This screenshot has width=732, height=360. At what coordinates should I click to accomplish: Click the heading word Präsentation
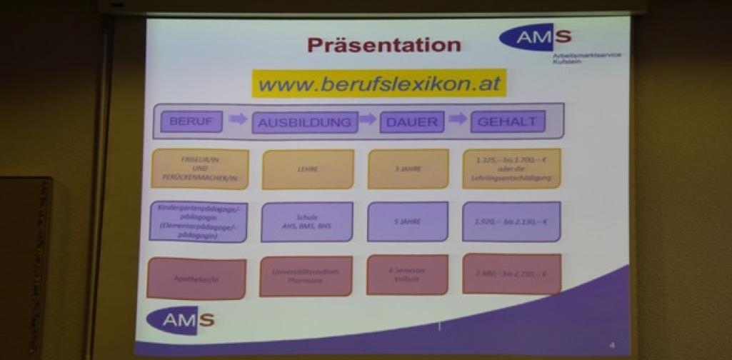(x=384, y=45)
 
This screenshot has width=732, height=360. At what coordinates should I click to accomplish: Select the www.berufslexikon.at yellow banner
(x=378, y=84)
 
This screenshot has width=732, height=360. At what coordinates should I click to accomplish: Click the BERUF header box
(x=191, y=121)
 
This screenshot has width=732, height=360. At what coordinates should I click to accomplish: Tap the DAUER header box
(x=411, y=121)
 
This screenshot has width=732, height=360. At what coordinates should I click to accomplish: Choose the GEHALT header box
(x=507, y=121)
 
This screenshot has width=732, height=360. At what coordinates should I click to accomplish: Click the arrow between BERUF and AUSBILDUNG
(x=238, y=119)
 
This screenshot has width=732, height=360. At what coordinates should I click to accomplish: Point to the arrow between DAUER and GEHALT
(x=457, y=119)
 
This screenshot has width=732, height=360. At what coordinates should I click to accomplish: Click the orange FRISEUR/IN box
(x=198, y=169)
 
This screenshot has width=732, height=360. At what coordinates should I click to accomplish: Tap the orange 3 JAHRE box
(x=408, y=169)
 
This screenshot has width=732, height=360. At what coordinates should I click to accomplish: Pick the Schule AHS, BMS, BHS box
(x=306, y=221)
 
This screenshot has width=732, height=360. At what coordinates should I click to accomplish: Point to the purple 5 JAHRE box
(x=408, y=221)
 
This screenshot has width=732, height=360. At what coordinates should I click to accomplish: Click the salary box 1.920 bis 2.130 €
(x=511, y=221)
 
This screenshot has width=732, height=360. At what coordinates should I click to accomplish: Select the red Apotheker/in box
(x=196, y=278)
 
